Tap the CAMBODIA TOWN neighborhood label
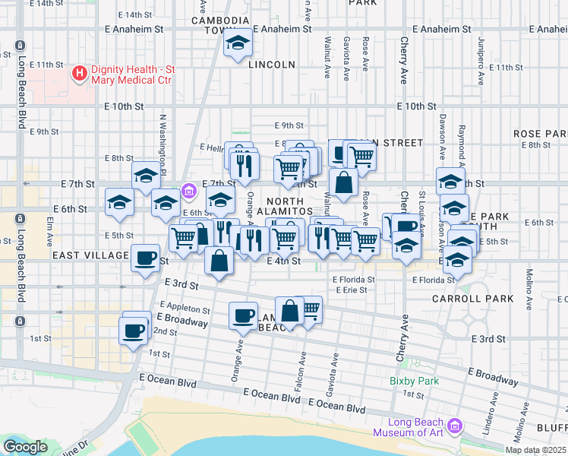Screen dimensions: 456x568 pyautogui.click(x=220, y=25)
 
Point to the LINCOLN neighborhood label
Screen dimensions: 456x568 pyautogui.click(x=271, y=65)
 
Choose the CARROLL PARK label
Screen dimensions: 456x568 pyautogui.click(x=484, y=299)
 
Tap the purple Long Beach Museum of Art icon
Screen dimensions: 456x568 pyautogui.click(x=455, y=426)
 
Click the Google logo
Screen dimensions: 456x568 pyautogui.click(x=25, y=447)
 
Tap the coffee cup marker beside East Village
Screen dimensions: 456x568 pyautogui.click(x=144, y=258)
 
